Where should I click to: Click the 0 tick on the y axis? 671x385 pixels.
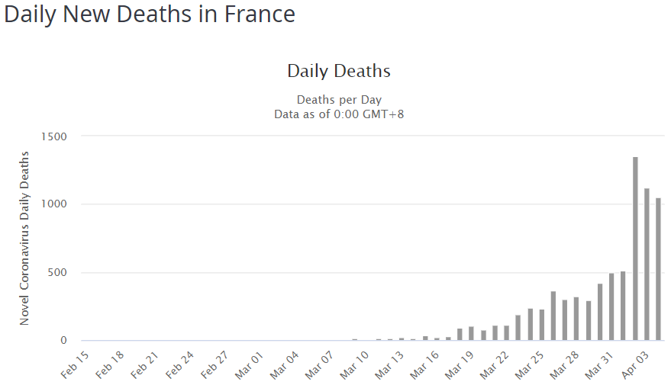64,341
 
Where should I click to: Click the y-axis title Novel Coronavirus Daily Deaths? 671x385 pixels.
25,239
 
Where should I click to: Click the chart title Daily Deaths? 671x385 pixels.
338,72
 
